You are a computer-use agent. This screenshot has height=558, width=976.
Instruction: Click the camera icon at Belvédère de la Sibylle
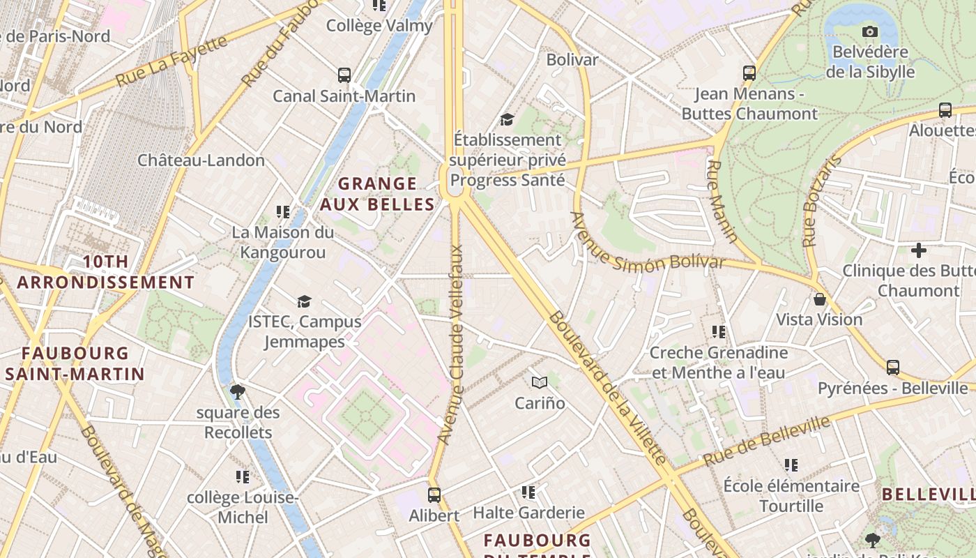click(x=869, y=31)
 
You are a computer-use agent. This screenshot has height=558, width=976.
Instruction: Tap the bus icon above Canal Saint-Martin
click(x=344, y=75)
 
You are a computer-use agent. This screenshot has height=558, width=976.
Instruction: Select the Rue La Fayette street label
click(x=171, y=61)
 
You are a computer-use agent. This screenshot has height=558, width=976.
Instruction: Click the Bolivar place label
click(x=572, y=60)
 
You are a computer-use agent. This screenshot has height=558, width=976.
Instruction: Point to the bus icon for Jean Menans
click(x=749, y=73)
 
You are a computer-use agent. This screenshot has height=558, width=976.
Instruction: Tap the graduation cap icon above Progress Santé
click(x=507, y=120)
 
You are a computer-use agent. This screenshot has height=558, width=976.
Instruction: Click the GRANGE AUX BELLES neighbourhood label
click(x=377, y=194)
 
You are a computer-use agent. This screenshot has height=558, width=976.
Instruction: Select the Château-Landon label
click(x=201, y=160)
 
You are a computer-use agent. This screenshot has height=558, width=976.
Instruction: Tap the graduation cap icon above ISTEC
click(x=304, y=301)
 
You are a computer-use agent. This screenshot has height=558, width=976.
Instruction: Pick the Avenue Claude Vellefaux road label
click(x=451, y=345)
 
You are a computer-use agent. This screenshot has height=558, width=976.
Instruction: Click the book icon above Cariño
click(x=540, y=382)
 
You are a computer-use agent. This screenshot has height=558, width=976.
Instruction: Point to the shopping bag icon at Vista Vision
click(x=820, y=299)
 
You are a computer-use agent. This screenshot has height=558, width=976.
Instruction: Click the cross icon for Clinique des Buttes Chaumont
click(x=919, y=250)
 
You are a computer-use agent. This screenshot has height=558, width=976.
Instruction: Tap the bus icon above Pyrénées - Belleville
click(x=892, y=368)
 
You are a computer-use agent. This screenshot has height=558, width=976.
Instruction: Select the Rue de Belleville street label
click(x=767, y=441)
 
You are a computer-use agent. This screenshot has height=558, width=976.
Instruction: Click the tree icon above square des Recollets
click(x=238, y=391)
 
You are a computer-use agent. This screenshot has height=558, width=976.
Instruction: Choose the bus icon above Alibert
click(x=434, y=495)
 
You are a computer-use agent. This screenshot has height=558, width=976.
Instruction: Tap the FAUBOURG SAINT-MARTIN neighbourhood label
click(x=75, y=363)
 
